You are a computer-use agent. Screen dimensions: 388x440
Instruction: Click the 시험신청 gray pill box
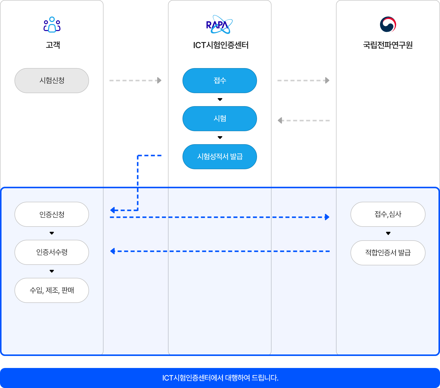[x=52, y=81]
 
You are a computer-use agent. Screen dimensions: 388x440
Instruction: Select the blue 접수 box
[x=220, y=81]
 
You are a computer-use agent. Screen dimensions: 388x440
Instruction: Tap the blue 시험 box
[x=220, y=119]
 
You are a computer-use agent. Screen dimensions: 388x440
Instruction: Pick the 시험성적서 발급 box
[x=220, y=157]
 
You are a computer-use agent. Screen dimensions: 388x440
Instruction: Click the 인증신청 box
[x=52, y=214]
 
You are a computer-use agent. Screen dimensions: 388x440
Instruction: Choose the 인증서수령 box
[x=52, y=252]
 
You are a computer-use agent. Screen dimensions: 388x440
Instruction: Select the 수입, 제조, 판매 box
[x=52, y=290]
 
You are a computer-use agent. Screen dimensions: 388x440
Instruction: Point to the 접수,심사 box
[x=388, y=214]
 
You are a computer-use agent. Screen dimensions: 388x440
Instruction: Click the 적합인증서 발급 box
[x=388, y=253]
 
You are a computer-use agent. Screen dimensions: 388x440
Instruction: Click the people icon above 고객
[x=52, y=25]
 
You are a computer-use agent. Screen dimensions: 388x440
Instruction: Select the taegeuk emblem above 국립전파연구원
[x=388, y=25]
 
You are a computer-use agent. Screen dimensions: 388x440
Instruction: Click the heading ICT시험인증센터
[x=221, y=45]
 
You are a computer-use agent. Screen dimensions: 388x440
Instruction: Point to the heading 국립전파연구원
[x=388, y=45]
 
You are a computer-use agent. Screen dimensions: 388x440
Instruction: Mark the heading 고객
[x=53, y=45]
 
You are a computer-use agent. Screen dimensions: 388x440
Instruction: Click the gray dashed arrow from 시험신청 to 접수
[x=135, y=80]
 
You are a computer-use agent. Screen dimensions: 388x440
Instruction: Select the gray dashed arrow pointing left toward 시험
[x=304, y=120]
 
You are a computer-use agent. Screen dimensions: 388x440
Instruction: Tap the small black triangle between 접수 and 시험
[x=220, y=100]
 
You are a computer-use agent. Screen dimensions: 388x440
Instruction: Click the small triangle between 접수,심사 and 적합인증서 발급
[x=388, y=233]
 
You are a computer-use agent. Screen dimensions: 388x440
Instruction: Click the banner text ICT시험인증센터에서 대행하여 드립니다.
[x=220, y=378]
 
